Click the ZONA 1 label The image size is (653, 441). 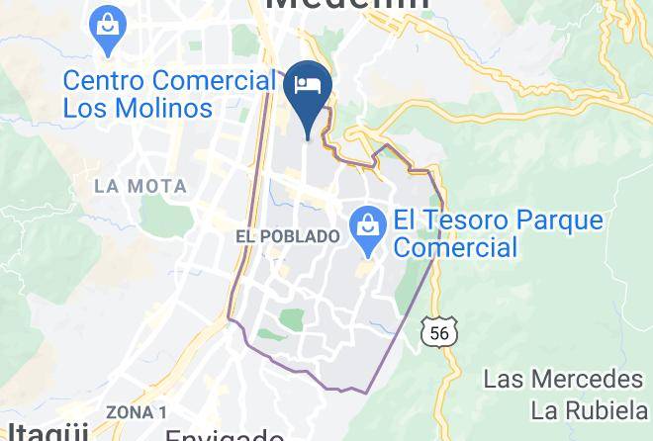136,412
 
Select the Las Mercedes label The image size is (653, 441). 563,379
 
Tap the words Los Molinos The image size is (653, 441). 138,107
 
